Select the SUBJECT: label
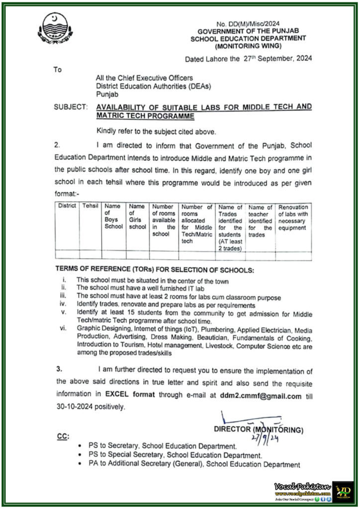71,106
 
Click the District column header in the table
66,206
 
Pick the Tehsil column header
90,206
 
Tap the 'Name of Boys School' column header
113,216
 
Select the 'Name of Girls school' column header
137,216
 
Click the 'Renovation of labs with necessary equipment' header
293,217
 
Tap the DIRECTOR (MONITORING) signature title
258,429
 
